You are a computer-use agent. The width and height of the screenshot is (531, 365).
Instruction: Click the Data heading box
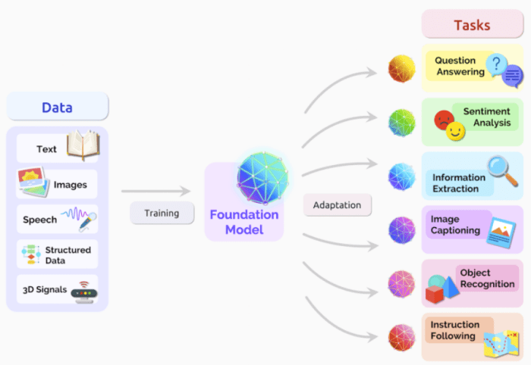[x=57, y=107]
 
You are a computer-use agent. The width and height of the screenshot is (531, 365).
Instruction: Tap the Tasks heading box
[x=472, y=24]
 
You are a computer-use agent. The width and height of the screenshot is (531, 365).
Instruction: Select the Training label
[x=161, y=213]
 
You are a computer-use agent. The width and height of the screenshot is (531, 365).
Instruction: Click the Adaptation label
[x=337, y=204]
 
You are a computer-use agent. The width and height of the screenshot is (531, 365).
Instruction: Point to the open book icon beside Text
[x=83, y=146]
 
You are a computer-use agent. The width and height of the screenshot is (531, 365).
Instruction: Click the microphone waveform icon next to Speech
[x=80, y=218]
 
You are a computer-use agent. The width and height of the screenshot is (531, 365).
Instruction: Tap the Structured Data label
[x=67, y=255]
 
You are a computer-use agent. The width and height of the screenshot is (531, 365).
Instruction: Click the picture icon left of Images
[x=33, y=183]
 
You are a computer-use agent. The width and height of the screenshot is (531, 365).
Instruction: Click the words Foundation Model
[x=244, y=222]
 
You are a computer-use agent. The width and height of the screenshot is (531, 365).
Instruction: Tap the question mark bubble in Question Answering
[x=497, y=64]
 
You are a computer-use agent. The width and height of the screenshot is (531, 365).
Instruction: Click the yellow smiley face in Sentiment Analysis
[x=455, y=132]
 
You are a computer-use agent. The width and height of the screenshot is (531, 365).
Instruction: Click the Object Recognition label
[x=485, y=278]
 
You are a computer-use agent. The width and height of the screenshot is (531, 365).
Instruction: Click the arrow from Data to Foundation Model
[x=156, y=192]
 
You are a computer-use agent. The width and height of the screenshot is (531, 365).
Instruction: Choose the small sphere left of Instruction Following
[x=402, y=337]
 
